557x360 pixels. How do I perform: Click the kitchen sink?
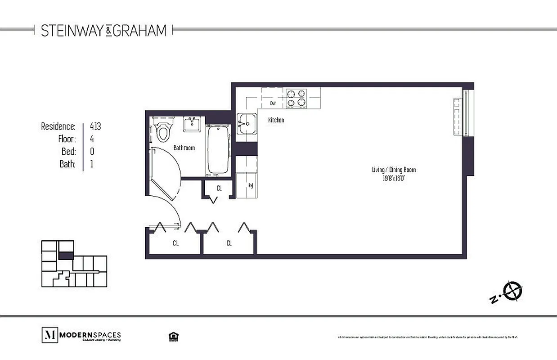click(246, 124)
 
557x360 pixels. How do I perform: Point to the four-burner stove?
click(296, 98)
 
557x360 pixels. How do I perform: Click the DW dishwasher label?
click(273, 103)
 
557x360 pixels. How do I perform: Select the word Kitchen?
click(276, 120)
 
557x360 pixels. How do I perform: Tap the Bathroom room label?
click(184, 148)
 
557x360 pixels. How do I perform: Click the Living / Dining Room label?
click(394, 170)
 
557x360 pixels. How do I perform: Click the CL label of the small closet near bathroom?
click(219, 188)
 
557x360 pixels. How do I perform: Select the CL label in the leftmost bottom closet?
click(175, 243)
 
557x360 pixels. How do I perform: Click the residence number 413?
click(95, 126)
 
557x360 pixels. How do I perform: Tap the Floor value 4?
click(92, 139)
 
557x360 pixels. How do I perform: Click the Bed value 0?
click(92, 151)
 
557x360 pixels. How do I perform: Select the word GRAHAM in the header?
click(139, 30)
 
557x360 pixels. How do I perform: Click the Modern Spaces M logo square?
click(49, 335)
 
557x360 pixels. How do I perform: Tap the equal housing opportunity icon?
click(171, 336)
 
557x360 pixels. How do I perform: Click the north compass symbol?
click(512, 291)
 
